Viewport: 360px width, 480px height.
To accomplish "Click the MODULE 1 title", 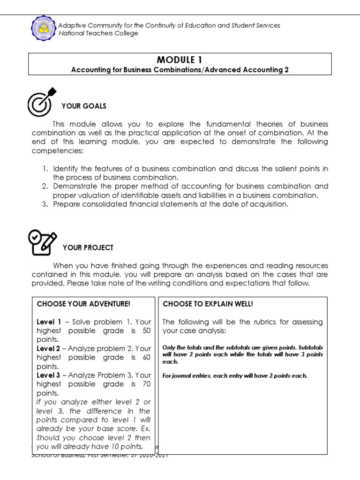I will tap(180, 60).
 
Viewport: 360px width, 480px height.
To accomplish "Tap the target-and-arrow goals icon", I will tap(42, 101).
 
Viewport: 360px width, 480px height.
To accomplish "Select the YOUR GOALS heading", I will tap(84, 106).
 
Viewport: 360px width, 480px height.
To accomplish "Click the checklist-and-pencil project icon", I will tap(42, 242).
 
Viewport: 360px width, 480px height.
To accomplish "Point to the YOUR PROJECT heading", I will tap(88, 247).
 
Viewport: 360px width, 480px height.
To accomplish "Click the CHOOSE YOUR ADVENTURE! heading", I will tap(83, 304).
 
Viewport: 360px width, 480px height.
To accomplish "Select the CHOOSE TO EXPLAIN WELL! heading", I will tap(208, 304).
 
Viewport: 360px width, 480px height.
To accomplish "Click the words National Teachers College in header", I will tap(98, 33).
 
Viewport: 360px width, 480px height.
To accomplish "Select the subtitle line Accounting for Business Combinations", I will tap(180, 70).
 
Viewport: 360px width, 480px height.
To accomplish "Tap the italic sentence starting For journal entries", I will tap(235, 375).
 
